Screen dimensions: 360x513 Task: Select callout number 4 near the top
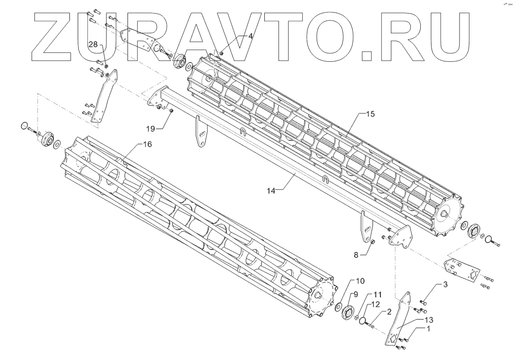[x=251, y=36]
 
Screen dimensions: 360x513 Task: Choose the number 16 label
[x=147, y=145]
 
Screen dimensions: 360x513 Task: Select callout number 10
[x=359, y=281]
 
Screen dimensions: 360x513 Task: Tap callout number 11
[x=378, y=295]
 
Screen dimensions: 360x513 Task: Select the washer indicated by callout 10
[x=337, y=307]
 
